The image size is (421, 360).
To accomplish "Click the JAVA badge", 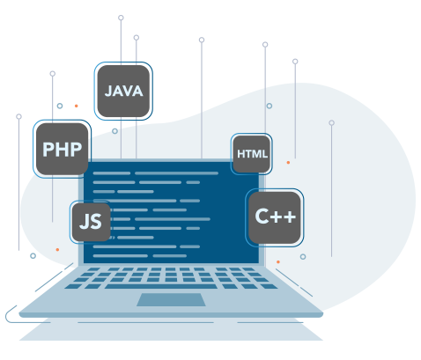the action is pyautogui.click(x=123, y=91).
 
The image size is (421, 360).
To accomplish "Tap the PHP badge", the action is pyautogui.click(x=62, y=149).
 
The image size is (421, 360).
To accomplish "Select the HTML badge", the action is pyautogui.click(x=252, y=154).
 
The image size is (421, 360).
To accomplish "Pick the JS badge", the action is pyautogui.click(x=91, y=222).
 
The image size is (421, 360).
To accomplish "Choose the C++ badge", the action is pyautogui.click(x=275, y=217).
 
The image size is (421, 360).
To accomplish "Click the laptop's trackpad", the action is pyautogui.click(x=171, y=299).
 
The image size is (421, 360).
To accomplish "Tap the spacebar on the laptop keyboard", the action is pyautogui.click(x=161, y=286).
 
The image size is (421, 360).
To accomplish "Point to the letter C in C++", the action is pyautogui.click(x=262, y=217).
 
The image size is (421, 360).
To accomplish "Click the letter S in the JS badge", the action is pyautogui.click(x=96, y=222).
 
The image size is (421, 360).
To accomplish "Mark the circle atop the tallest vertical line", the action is pyautogui.click(x=121, y=18).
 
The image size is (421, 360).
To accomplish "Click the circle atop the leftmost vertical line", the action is pyautogui.click(x=18, y=116).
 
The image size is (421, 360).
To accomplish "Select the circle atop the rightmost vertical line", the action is pyautogui.click(x=331, y=122).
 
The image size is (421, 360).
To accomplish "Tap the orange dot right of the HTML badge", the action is pyautogui.click(x=288, y=162).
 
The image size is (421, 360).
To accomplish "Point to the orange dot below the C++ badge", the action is pyautogui.click(x=278, y=261).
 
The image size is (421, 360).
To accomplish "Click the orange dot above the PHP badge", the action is pyautogui.click(x=77, y=106).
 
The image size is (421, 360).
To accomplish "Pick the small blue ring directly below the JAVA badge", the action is pyautogui.click(x=114, y=131).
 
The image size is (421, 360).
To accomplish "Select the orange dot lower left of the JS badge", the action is pyautogui.click(x=57, y=250).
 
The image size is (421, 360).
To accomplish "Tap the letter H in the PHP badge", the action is pyautogui.click(x=63, y=150).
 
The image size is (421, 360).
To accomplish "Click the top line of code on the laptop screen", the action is pyautogui.click(x=156, y=173).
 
